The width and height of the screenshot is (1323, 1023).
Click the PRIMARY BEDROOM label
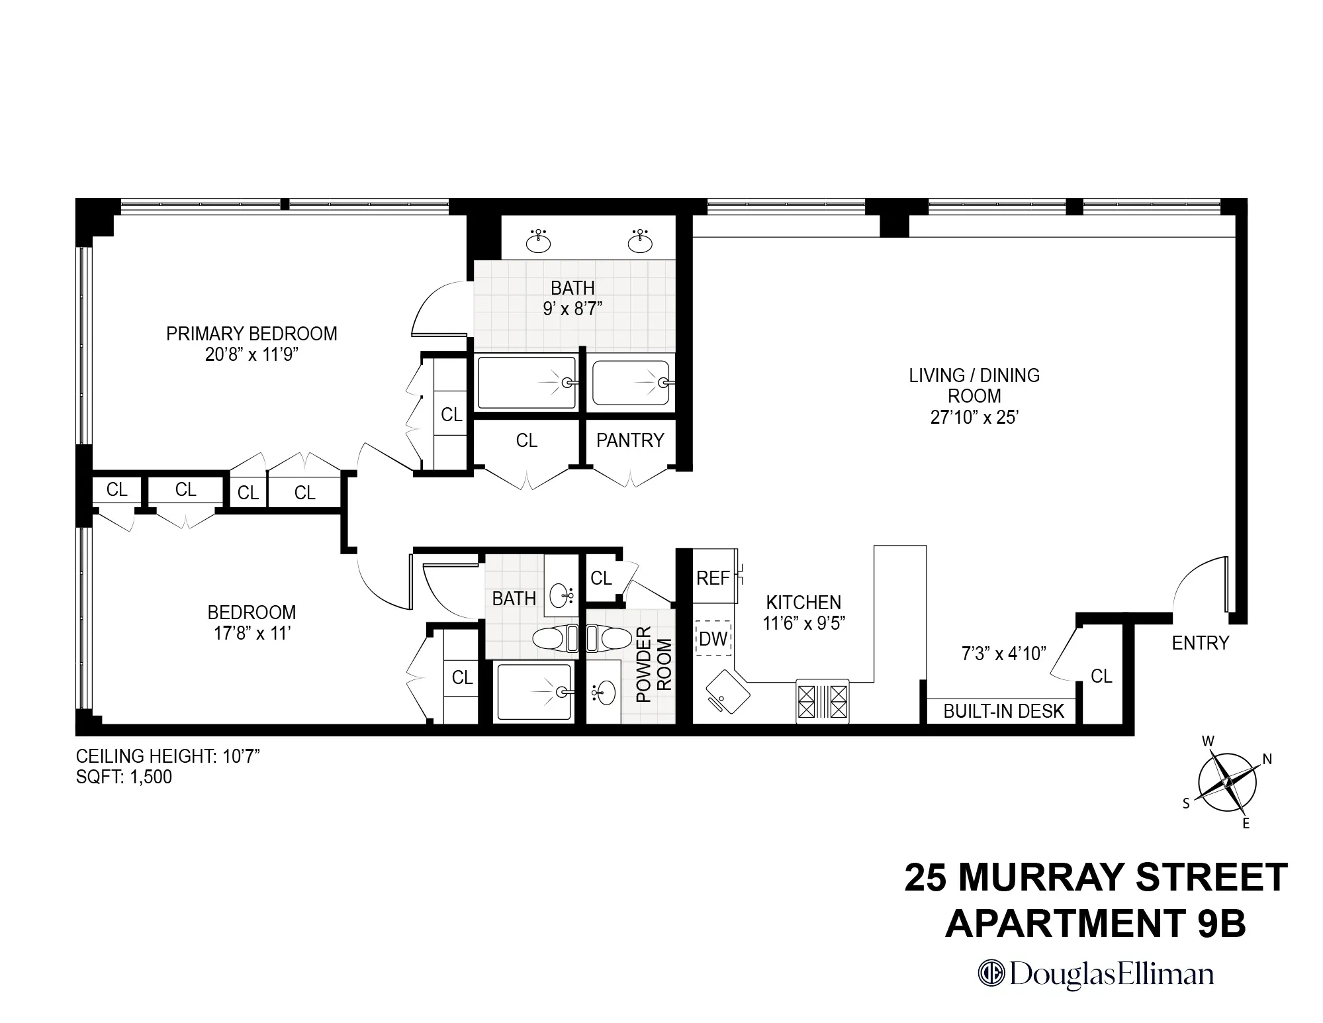(251, 333)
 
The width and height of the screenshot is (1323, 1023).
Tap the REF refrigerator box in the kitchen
(713, 578)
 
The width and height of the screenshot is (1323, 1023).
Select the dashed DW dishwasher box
(713, 638)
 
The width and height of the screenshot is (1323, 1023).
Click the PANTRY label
(629, 440)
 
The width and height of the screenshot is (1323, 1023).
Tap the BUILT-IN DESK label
(1003, 711)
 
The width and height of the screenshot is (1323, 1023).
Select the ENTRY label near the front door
(1200, 643)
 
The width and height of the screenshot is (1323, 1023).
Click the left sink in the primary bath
(539, 242)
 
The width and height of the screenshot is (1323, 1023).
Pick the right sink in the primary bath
(639, 242)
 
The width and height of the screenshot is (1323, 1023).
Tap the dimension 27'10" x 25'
(974, 417)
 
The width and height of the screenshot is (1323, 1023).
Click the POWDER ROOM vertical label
(654, 664)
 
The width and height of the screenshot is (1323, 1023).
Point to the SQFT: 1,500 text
(124, 777)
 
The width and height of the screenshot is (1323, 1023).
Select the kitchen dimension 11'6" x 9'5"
(803, 623)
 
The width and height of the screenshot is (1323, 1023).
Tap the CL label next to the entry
(1101, 676)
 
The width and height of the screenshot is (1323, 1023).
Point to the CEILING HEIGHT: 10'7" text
(167, 756)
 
